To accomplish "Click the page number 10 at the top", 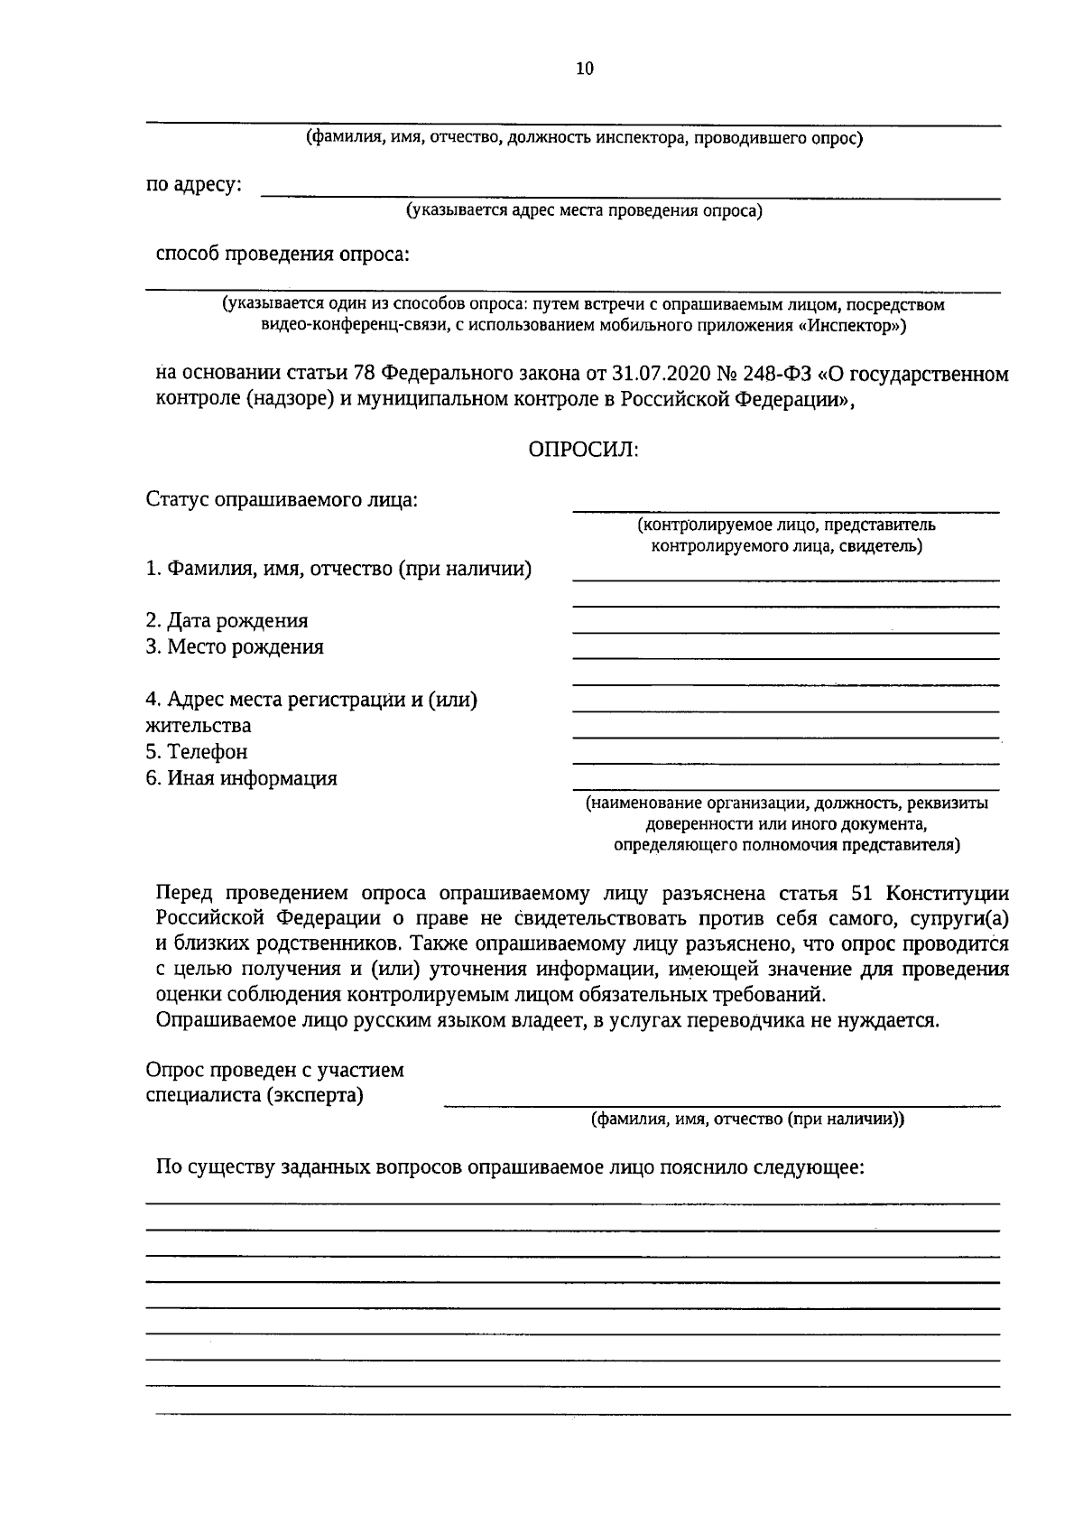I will coord(585,69).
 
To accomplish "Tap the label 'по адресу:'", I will coord(194,185).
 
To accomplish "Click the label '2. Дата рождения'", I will coord(227,621).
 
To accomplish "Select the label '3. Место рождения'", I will coord(235,647).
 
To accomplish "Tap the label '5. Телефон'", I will coord(197,752).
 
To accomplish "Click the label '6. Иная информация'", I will coord(242,778).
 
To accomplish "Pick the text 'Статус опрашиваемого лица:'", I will coord(282,499).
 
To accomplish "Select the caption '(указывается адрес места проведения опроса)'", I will coord(584,211).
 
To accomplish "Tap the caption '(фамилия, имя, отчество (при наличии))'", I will coord(747,1120).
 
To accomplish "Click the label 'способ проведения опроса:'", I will coord(282,255).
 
